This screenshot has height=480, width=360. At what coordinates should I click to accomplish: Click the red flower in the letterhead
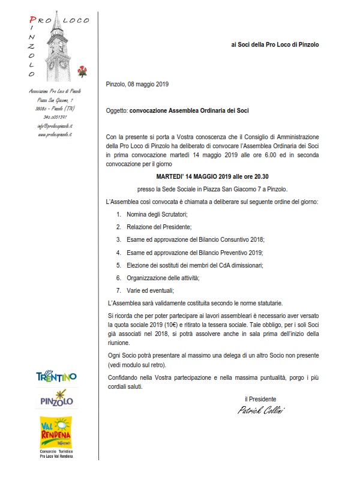point(82,71)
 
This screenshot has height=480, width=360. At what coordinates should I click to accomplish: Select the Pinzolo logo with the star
point(57,398)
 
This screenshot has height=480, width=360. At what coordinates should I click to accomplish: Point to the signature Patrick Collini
point(262,410)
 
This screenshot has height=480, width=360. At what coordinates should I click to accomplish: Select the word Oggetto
point(116,111)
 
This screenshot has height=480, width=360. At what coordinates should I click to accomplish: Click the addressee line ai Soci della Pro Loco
point(275,45)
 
